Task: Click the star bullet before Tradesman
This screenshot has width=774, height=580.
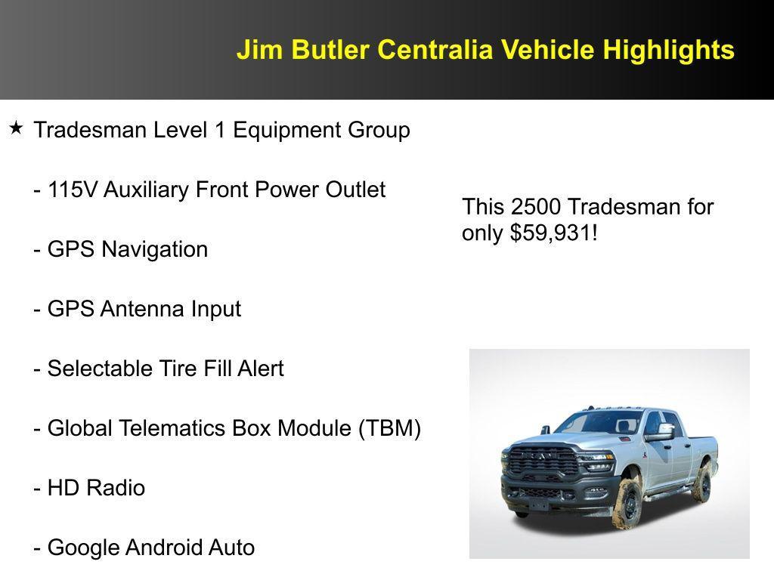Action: (x=16, y=128)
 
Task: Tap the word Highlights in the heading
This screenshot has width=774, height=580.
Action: (x=668, y=50)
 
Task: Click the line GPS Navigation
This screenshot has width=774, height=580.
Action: (x=121, y=249)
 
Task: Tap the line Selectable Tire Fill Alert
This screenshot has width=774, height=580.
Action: (x=159, y=369)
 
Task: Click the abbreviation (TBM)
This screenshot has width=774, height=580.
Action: (x=389, y=428)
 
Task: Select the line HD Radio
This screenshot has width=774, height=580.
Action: (x=89, y=488)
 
